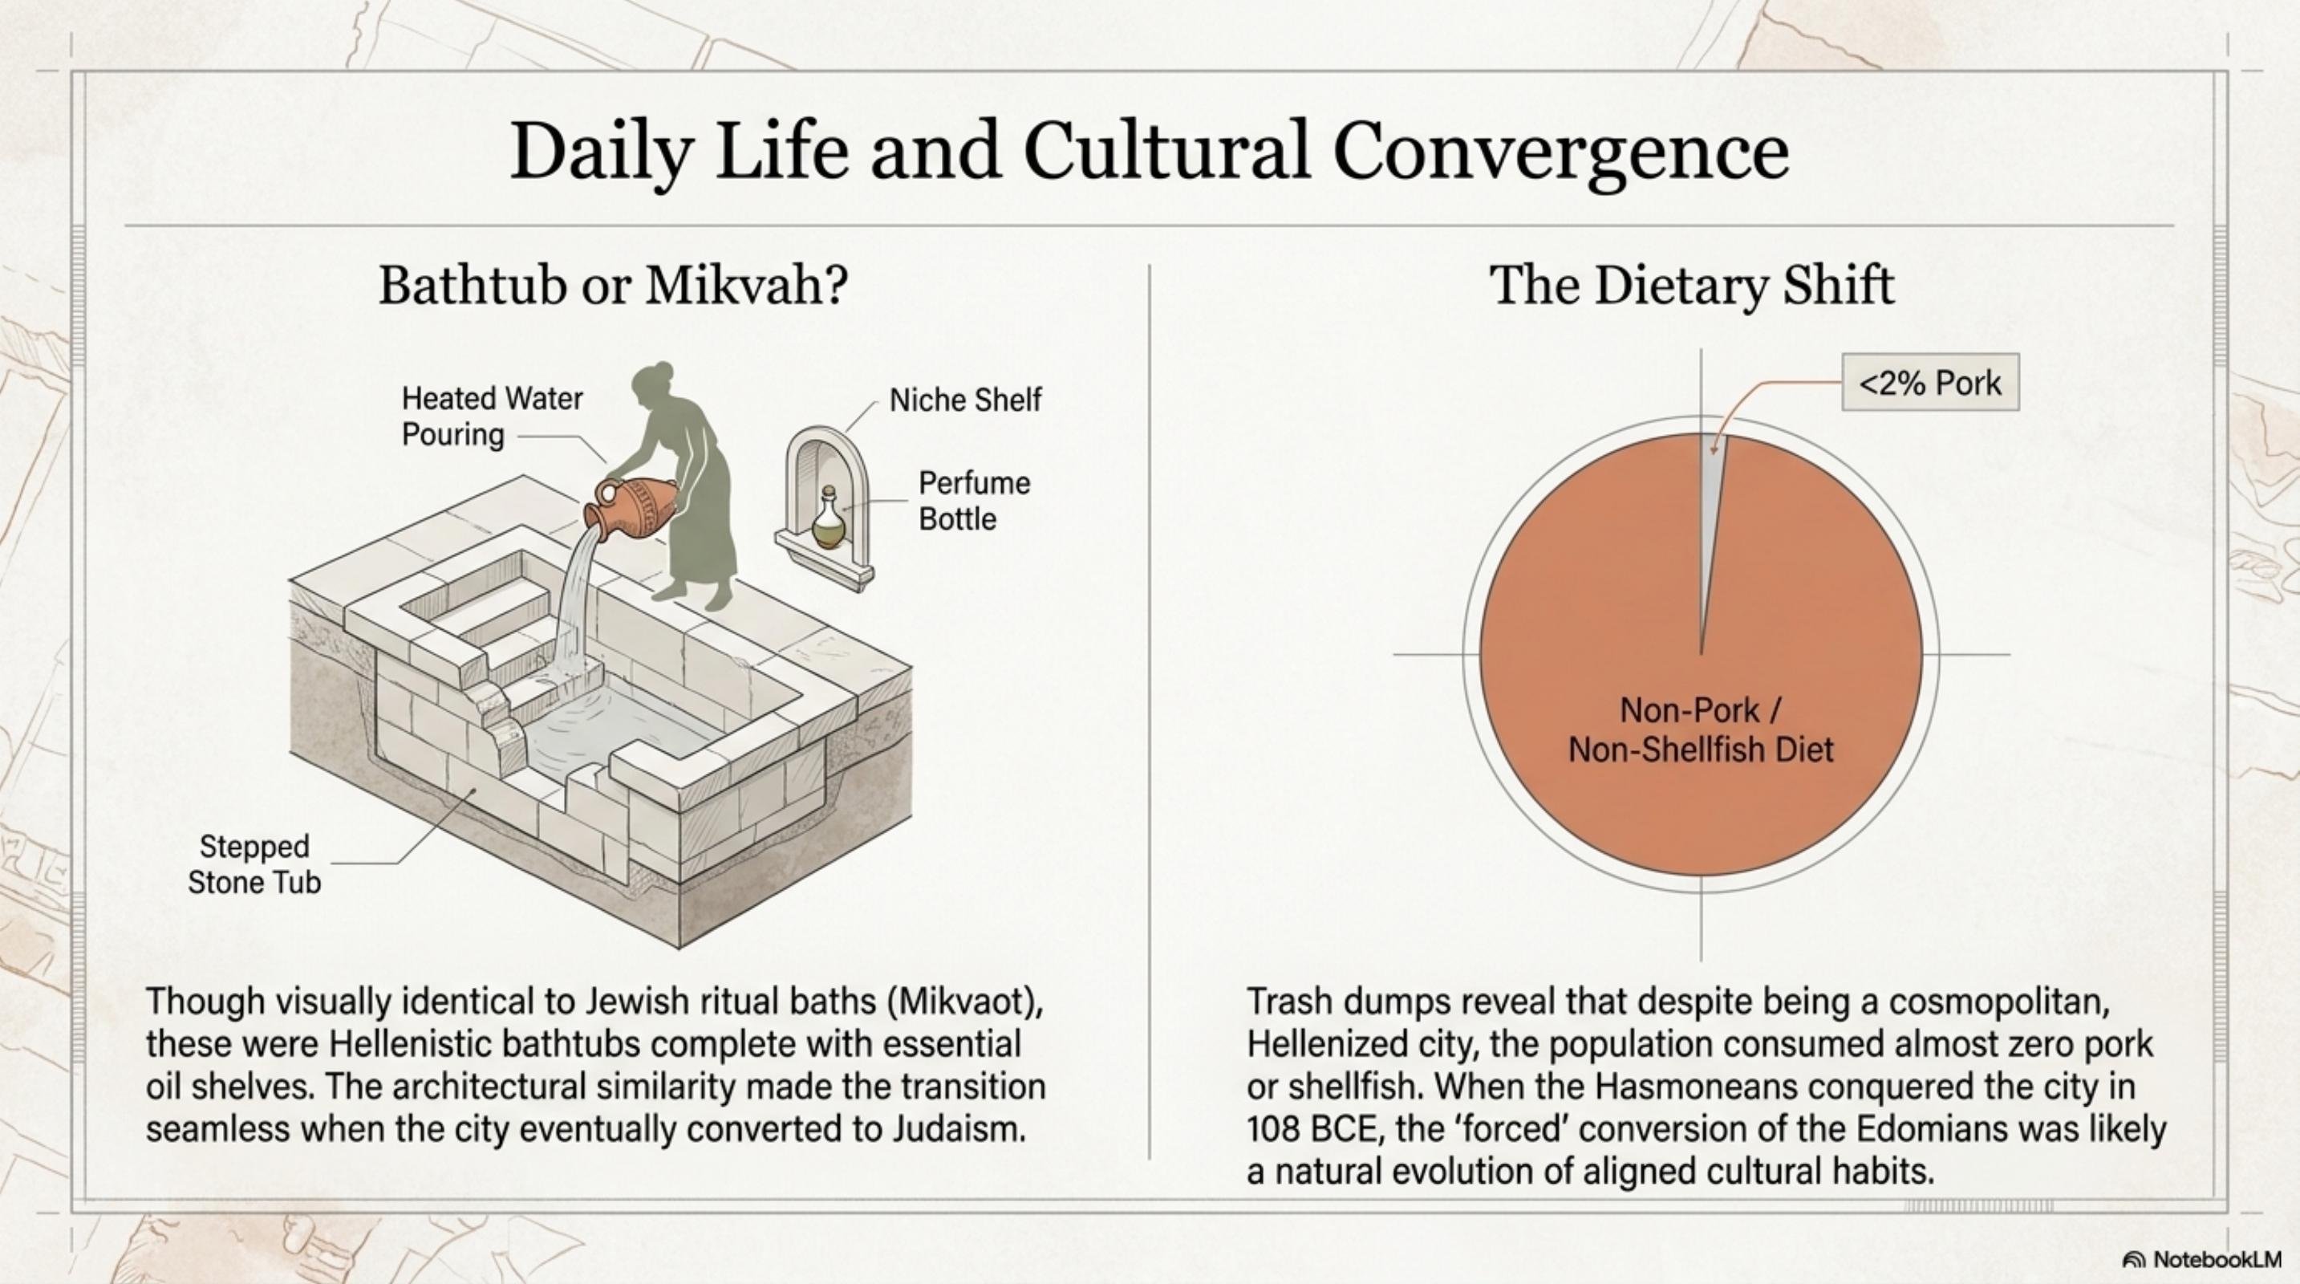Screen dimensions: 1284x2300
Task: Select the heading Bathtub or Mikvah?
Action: tap(614, 286)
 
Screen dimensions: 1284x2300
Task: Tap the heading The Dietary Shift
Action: tap(1692, 286)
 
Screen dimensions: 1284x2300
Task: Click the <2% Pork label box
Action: tap(1929, 383)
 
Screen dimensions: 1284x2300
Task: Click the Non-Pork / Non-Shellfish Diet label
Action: tap(1700, 729)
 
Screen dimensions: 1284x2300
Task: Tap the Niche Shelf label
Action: tap(964, 400)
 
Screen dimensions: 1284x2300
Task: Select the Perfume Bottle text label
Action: tap(973, 501)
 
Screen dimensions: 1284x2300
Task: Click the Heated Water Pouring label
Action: tap(491, 416)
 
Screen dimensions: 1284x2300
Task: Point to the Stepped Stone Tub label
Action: tap(254, 863)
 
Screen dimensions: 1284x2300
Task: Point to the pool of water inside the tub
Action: tap(616, 728)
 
